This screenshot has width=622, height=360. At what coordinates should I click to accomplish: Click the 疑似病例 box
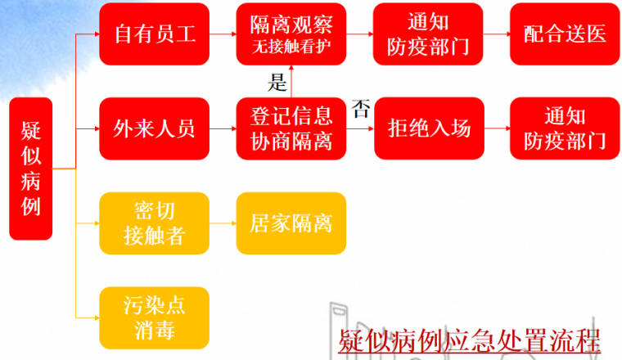point(30,169)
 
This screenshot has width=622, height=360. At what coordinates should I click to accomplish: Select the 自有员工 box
point(154,35)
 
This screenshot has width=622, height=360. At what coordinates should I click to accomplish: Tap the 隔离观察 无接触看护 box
point(291,35)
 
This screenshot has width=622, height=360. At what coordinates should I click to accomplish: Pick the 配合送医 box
point(565,35)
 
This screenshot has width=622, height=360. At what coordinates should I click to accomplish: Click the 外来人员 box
point(154,129)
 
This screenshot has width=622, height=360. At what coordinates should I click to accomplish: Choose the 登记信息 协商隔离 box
point(291,129)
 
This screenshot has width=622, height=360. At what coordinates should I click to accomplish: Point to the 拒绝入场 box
point(429,129)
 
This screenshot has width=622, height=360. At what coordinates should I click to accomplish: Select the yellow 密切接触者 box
point(154,223)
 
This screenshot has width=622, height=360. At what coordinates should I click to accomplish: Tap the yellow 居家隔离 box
point(291,223)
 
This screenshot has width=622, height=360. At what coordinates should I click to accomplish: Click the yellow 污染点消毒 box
point(154,317)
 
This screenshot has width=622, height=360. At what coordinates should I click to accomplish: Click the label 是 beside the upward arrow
point(277,81)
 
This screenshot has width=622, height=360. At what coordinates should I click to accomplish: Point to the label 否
point(360,110)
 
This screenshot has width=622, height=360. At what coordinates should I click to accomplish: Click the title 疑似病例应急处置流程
point(469,339)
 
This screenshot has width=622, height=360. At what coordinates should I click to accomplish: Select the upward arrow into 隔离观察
point(291,82)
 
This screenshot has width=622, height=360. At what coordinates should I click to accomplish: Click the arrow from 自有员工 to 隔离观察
point(223,35)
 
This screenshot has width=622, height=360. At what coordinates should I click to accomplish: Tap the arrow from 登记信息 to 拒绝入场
point(360,129)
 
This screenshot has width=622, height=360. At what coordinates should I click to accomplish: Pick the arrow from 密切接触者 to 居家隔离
point(223,223)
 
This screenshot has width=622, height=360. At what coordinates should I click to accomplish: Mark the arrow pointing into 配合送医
point(497,35)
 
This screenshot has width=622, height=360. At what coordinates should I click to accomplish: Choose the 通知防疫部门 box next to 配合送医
point(429,35)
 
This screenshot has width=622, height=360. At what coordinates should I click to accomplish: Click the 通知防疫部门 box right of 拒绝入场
point(565,129)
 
